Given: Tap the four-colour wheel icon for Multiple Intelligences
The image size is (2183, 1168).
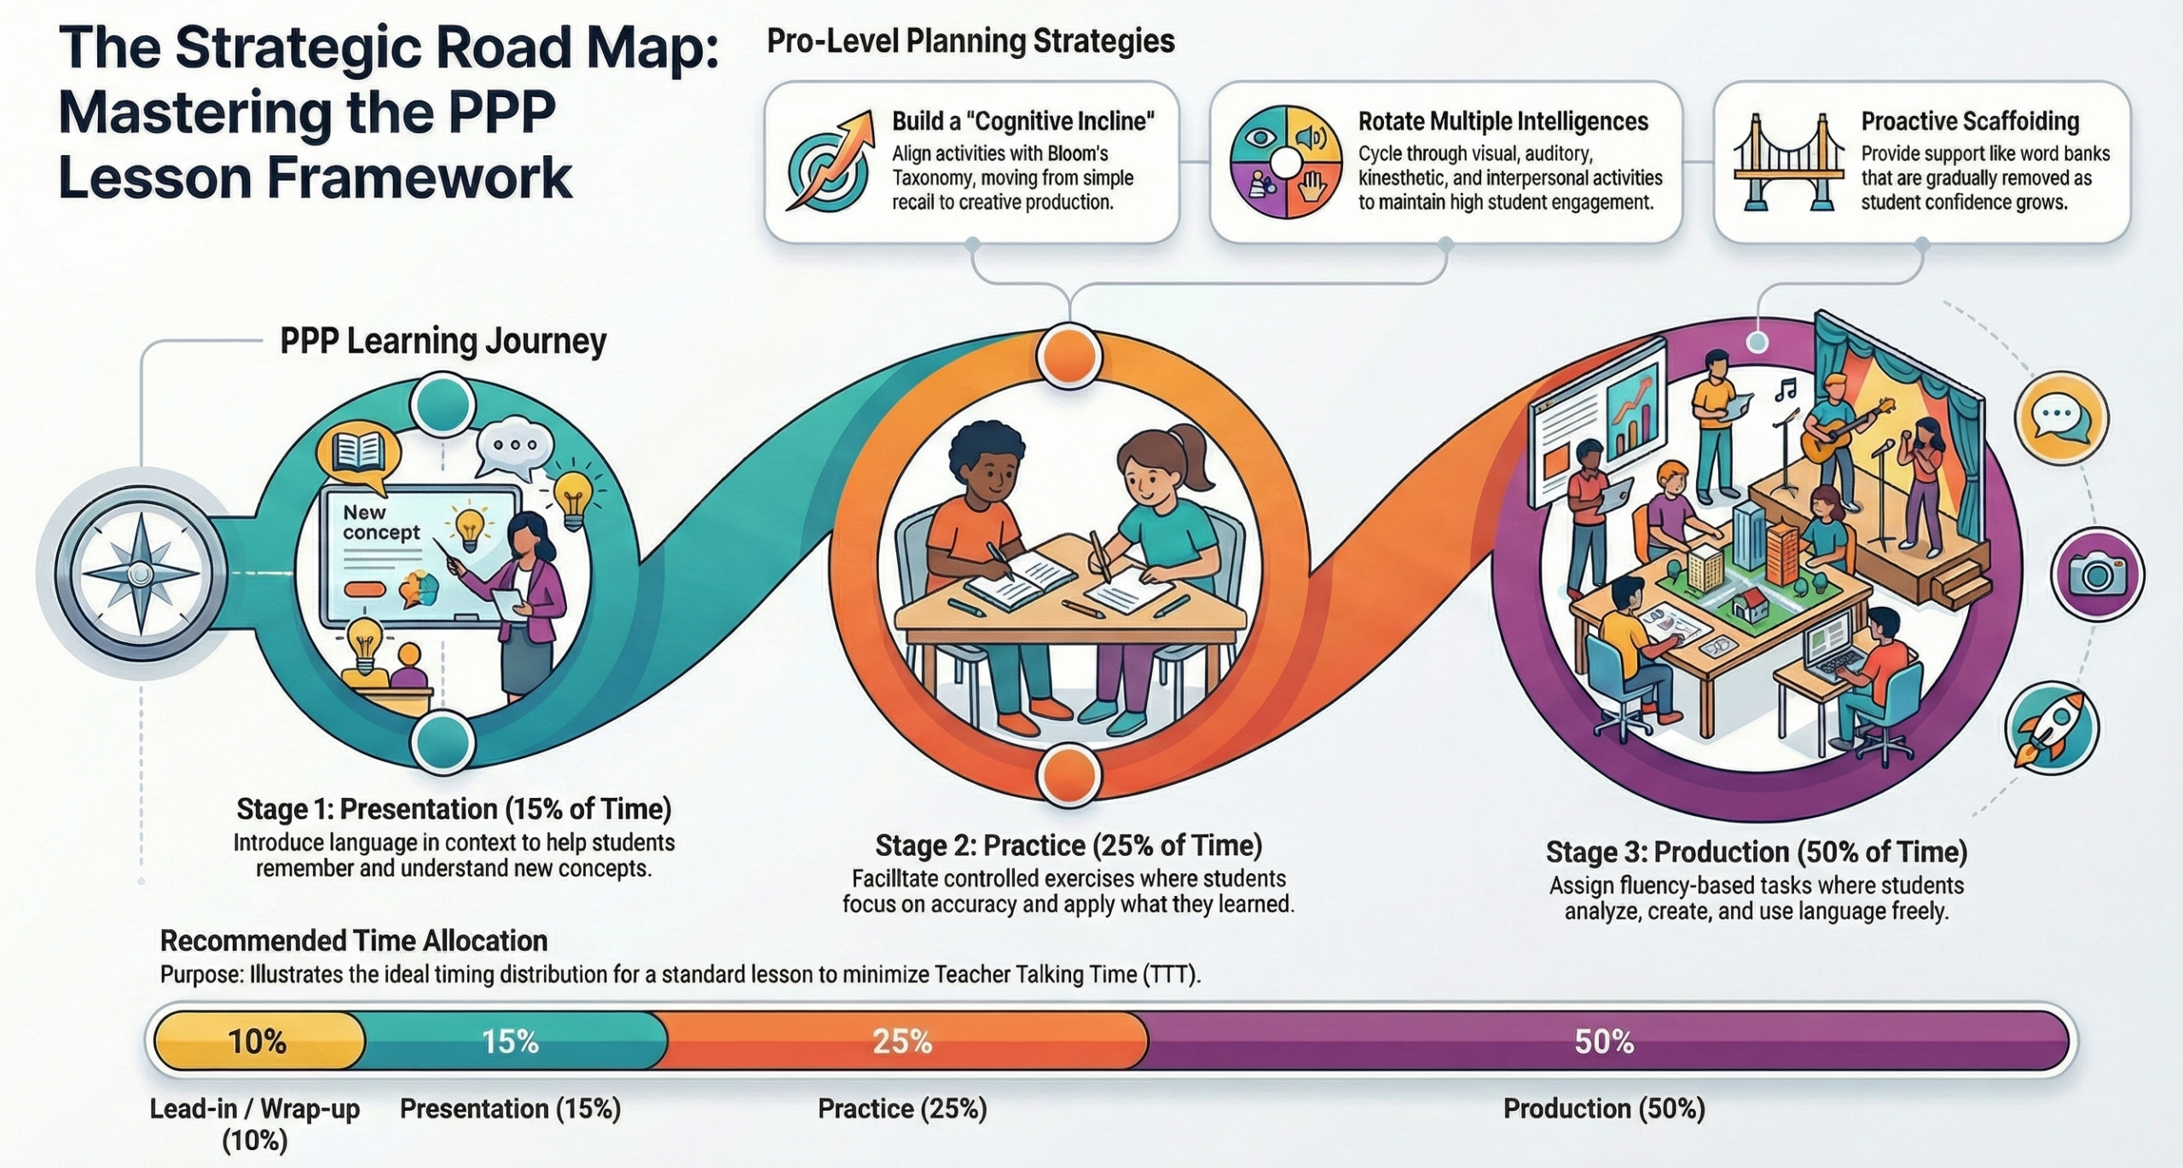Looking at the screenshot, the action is point(1285,162).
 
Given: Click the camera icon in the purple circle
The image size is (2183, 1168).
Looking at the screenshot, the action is point(2097,576).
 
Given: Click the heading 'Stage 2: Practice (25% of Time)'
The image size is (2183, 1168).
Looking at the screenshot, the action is point(1068,845).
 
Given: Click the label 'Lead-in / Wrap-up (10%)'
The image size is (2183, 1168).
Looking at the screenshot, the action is point(255,1125).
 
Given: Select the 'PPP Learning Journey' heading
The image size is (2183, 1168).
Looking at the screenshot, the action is point(443,341).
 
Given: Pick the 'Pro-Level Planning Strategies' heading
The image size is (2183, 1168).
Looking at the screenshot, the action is point(970,41).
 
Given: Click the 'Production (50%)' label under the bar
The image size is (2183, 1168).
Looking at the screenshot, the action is point(1604,1108).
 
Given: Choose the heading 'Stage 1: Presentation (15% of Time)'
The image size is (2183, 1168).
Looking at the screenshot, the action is point(454,808).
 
